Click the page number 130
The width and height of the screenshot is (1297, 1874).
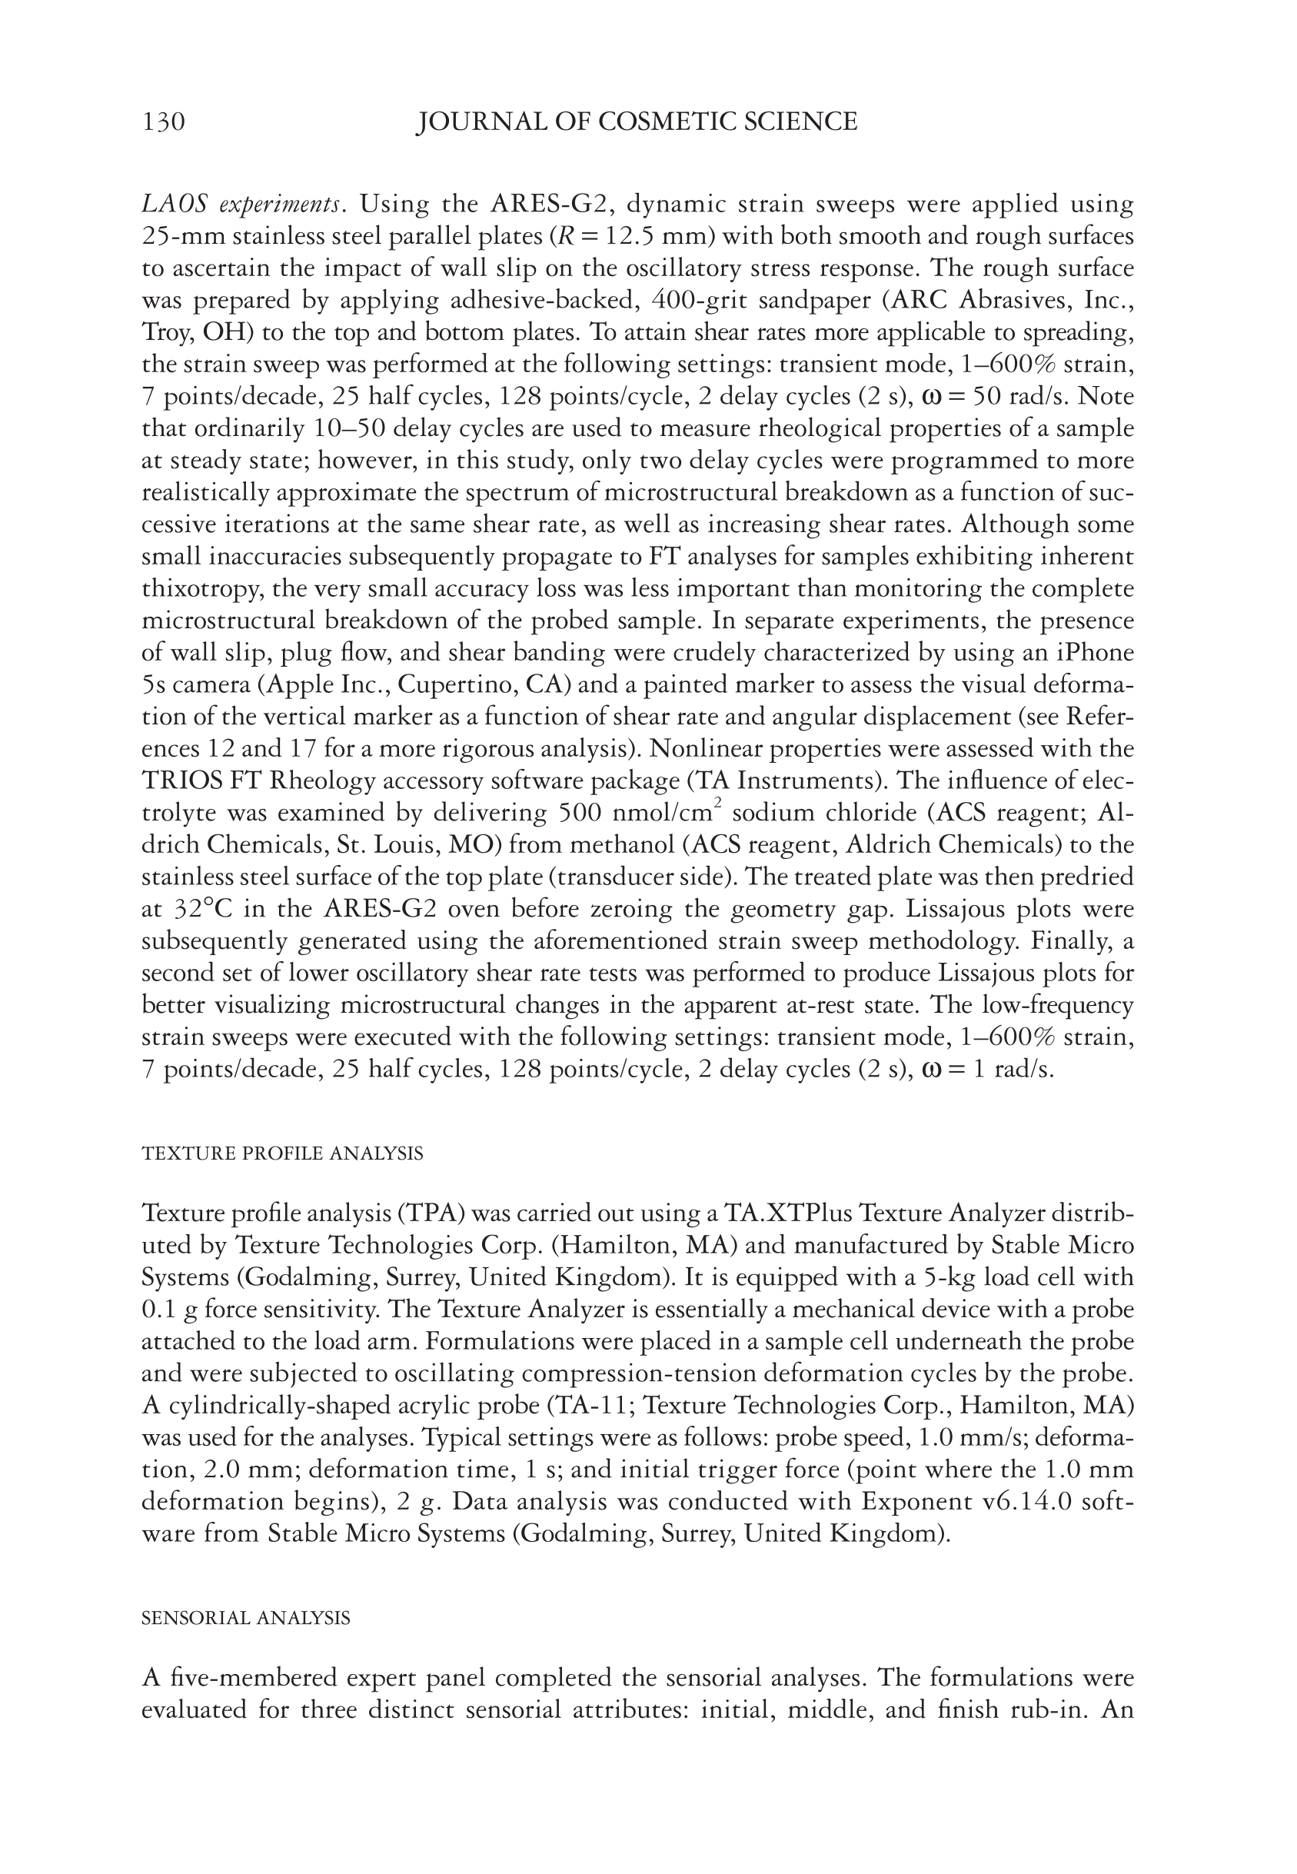(163, 122)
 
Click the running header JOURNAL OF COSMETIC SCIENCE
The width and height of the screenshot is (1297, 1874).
(637, 122)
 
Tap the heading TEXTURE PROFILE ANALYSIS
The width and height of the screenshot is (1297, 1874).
(282, 1154)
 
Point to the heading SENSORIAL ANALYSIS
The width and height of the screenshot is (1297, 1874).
(245, 1618)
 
